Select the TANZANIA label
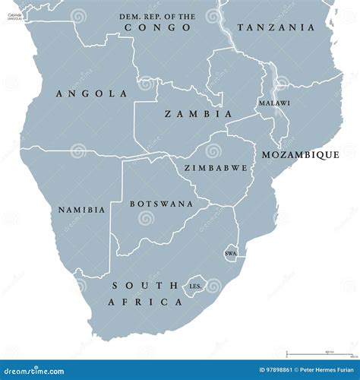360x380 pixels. click(x=275, y=27)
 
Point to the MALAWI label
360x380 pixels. click(x=273, y=103)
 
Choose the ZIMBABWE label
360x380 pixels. click(x=216, y=167)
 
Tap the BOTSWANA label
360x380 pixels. click(x=161, y=204)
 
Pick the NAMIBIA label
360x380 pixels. click(x=81, y=209)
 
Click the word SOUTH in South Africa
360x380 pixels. click(x=135, y=286)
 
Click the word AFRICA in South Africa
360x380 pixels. click(x=157, y=302)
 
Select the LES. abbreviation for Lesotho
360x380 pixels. click(x=194, y=287)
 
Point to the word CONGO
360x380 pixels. click(x=157, y=27)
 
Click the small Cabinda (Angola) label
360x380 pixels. click(x=14, y=14)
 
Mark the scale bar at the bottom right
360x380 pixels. click(x=318, y=353)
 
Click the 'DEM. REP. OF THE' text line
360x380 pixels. click(x=158, y=16)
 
